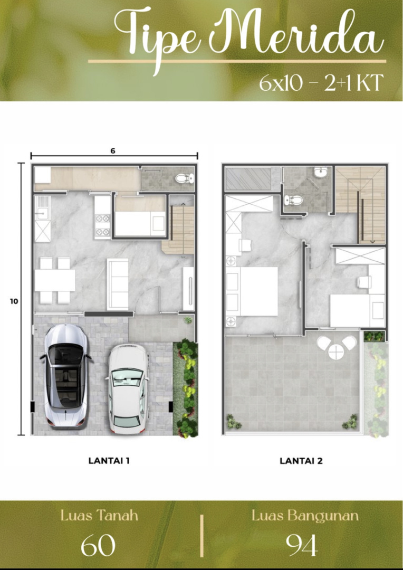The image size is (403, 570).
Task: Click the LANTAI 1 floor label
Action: [109, 461]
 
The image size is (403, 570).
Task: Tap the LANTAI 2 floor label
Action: [301, 461]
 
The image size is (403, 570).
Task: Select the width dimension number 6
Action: [113, 151]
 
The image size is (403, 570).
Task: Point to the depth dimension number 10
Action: [14, 301]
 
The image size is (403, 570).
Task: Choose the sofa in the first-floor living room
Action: [118, 284]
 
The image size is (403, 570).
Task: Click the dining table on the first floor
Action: [55, 280]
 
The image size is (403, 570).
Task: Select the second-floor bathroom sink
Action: [321, 173]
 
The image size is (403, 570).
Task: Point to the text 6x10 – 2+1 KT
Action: [321, 83]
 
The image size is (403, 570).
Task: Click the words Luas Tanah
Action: [99, 516]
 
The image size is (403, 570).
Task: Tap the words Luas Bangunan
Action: [305, 516]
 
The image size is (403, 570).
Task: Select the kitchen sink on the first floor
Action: [43, 207]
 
